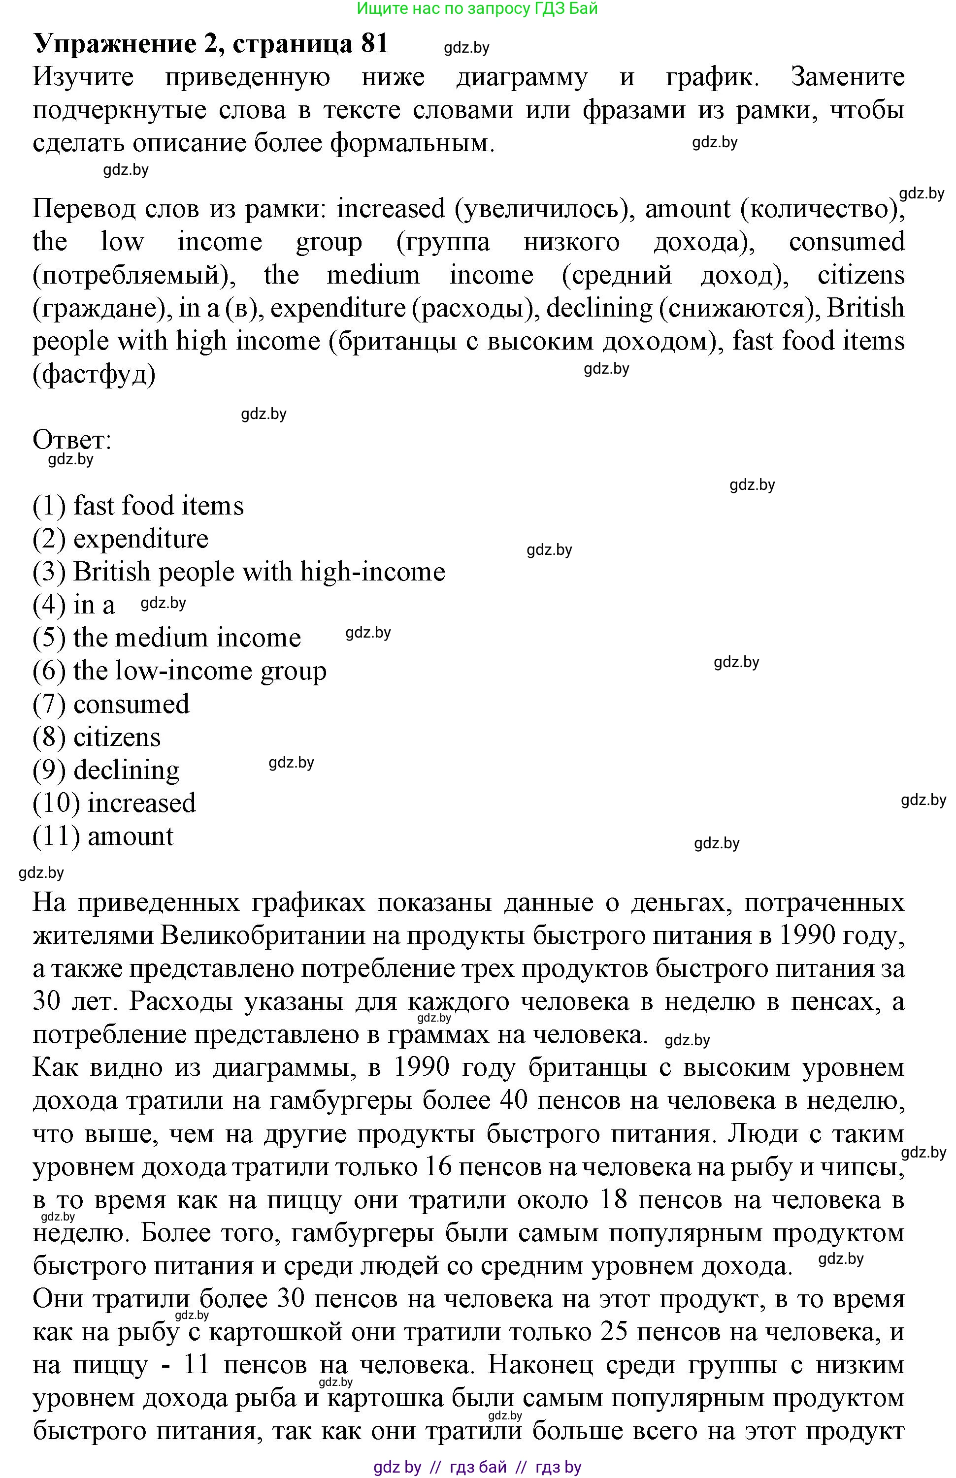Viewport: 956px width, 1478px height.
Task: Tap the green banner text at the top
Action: click(477, 9)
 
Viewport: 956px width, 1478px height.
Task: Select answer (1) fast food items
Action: click(138, 506)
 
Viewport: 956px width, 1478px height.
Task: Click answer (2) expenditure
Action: click(121, 539)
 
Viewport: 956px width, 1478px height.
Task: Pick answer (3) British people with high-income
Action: click(239, 572)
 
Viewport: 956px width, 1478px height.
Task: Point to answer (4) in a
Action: click(74, 605)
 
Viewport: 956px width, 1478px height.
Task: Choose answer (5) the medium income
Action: click(166, 638)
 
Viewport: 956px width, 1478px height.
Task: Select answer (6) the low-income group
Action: click(179, 671)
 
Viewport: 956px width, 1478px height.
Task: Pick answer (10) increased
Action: click(114, 803)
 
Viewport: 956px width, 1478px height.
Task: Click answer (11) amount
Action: click(103, 836)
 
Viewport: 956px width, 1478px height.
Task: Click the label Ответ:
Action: click(72, 440)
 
